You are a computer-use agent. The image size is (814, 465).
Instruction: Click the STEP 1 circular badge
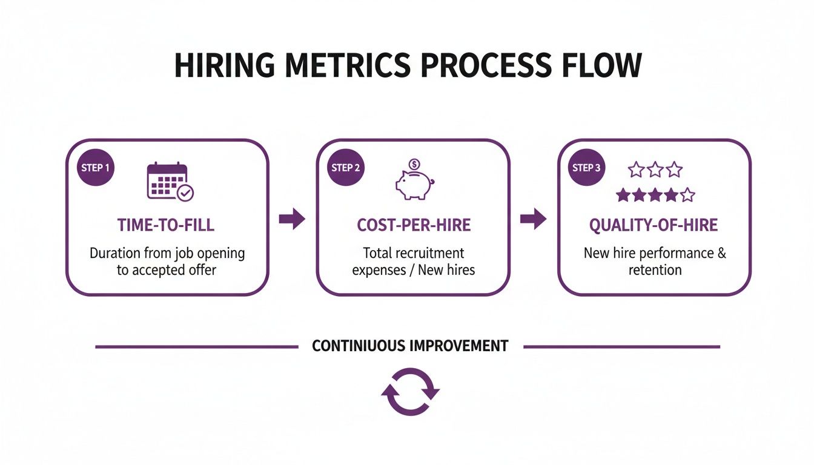click(x=95, y=168)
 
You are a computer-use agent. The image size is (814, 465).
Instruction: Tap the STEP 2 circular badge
click(x=346, y=168)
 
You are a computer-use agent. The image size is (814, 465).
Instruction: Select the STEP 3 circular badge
click(x=587, y=168)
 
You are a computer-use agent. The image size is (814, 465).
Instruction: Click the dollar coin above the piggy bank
click(x=414, y=163)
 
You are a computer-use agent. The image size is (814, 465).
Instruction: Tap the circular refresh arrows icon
click(x=410, y=392)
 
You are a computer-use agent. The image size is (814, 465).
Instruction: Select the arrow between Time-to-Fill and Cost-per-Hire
click(x=292, y=220)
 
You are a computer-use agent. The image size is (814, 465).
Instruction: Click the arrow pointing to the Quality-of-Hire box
click(x=533, y=220)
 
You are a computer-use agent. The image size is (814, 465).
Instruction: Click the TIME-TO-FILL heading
click(x=166, y=226)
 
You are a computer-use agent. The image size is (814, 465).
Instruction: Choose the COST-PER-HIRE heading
click(x=414, y=226)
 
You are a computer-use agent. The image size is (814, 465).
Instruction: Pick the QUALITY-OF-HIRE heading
click(x=654, y=226)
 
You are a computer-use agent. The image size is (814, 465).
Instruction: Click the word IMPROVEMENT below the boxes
click(x=458, y=346)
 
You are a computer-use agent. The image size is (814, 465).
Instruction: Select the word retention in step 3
click(x=655, y=269)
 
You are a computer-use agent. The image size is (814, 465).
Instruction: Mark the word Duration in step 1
click(x=119, y=253)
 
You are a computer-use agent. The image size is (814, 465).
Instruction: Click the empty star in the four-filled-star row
click(x=687, y=195)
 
